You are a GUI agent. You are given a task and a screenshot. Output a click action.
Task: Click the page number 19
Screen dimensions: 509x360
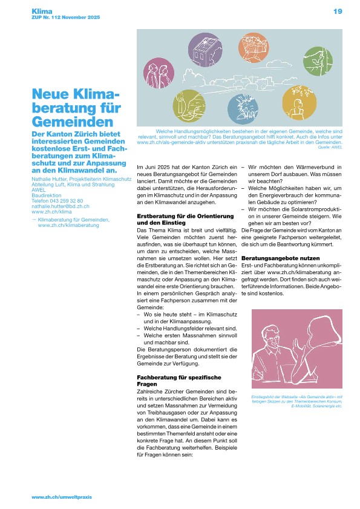(x=338, y=11)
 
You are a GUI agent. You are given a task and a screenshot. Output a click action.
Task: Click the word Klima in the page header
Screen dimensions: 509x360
(x=41, y=11)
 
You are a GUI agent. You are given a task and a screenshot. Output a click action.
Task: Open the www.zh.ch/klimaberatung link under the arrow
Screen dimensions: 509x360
(x=68, y=225)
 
